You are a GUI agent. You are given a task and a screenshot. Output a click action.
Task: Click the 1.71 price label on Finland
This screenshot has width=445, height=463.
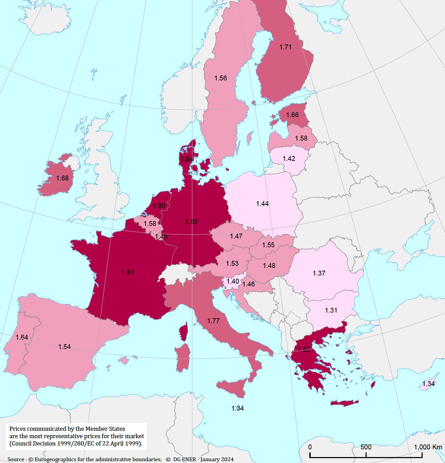click(x=285, y=47)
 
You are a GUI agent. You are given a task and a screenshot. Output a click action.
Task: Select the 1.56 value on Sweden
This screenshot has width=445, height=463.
click(x=221, y=78)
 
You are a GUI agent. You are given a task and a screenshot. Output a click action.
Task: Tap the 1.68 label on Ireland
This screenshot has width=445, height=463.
click(x=63, y=178)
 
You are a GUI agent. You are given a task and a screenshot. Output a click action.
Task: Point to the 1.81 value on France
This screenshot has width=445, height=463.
click(x=128, y=272)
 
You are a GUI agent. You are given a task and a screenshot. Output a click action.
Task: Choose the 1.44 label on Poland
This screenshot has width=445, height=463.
click(x=262, y=204)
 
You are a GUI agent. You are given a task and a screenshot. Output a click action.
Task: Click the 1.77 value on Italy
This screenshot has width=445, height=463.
click(x=213, y=321)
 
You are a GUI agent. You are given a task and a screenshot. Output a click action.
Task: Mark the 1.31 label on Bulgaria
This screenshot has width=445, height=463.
click(x=331, y=310)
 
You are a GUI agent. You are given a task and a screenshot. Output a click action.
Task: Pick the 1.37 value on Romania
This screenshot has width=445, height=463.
click(x=319, y=273)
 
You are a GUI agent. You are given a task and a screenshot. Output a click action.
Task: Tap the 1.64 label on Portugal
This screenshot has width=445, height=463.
click(x=22, y=337)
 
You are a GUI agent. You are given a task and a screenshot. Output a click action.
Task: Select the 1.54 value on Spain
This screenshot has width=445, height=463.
click(x=64, y=347)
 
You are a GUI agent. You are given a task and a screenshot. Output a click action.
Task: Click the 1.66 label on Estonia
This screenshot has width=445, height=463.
click(x=292, y=115)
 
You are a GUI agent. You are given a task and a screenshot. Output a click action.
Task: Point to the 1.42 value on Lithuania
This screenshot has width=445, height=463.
click(x=289, y=158)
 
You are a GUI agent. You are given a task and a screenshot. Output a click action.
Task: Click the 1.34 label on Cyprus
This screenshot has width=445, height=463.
click(x=429, y=384)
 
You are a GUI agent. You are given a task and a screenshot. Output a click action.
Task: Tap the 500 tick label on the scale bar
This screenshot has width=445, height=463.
click(x=366, y=447)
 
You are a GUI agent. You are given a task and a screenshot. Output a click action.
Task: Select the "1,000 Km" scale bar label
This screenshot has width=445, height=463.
click(x=428, y=447)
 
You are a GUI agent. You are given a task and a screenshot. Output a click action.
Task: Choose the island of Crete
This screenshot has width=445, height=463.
click(x=345, y=403)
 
